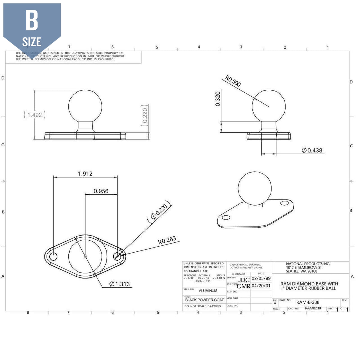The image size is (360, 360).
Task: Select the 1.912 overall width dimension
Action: (85, 174)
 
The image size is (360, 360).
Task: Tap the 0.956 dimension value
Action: (101, 191)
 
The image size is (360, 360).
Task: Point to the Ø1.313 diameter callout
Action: (120, 284)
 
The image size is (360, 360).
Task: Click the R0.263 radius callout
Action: (167, 240)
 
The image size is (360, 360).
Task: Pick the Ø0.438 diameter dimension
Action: (312, 150)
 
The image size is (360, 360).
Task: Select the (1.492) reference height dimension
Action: (35, 115)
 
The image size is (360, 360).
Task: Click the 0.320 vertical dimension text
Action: (218, 99)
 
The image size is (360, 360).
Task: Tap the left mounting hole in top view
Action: (53, 257)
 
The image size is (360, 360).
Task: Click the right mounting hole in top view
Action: (118, 256)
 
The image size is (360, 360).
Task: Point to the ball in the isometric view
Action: (255, 188)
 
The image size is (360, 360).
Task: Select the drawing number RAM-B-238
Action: (308, 302)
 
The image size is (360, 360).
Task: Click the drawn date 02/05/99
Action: (261, 278)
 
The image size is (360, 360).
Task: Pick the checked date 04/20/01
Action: (261, 286)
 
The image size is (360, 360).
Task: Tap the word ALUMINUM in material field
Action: (208, 291)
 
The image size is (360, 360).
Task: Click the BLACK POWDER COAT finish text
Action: (204, 300)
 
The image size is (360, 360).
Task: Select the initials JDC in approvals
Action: (244, 280)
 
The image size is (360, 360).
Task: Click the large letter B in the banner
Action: (32, 20)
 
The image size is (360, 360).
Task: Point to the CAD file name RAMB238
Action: (313, 308)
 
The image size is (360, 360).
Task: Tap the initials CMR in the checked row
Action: (244, 286)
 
